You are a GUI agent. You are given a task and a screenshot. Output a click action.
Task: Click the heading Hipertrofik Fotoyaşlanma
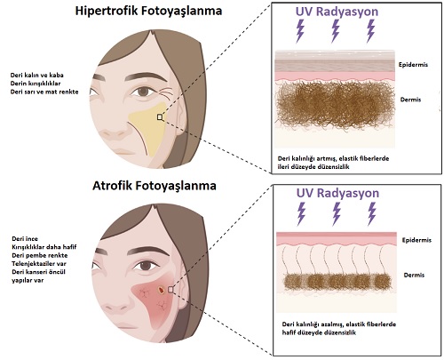(148, 11)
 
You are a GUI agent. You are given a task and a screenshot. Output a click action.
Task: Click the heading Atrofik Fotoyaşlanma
(155, 186)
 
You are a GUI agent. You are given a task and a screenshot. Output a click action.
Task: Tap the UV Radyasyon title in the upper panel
(337, 12)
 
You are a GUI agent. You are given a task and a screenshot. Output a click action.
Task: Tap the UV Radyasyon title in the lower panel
(337, 193)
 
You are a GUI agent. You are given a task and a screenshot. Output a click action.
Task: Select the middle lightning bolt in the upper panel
(336, 31)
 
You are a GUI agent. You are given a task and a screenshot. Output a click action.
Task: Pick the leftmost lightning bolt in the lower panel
(301, 214)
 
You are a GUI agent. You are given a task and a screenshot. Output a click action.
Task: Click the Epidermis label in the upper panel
(413, 65)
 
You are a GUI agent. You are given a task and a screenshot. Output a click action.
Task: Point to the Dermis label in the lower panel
(414, 275)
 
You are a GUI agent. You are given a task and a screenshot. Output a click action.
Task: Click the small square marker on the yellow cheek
(160, 117)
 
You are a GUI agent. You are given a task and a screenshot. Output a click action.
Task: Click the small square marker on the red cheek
(170, 290)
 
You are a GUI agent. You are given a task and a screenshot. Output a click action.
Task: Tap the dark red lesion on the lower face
(161, 290)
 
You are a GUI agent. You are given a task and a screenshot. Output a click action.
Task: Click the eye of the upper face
(143, 91)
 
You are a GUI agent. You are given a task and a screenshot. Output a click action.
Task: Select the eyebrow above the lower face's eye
(148, 251)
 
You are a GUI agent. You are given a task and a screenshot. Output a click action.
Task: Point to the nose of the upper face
(114, 135)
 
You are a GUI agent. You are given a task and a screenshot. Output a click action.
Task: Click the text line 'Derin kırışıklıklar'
(36, 84)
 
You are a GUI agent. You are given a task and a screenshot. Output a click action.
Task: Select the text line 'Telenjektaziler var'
(39, 263)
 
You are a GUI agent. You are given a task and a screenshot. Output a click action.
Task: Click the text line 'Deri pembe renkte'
(40, 255)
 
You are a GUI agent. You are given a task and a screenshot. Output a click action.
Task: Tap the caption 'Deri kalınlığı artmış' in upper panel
(305, 158)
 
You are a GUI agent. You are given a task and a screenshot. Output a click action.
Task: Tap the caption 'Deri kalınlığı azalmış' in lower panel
(313, 324)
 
